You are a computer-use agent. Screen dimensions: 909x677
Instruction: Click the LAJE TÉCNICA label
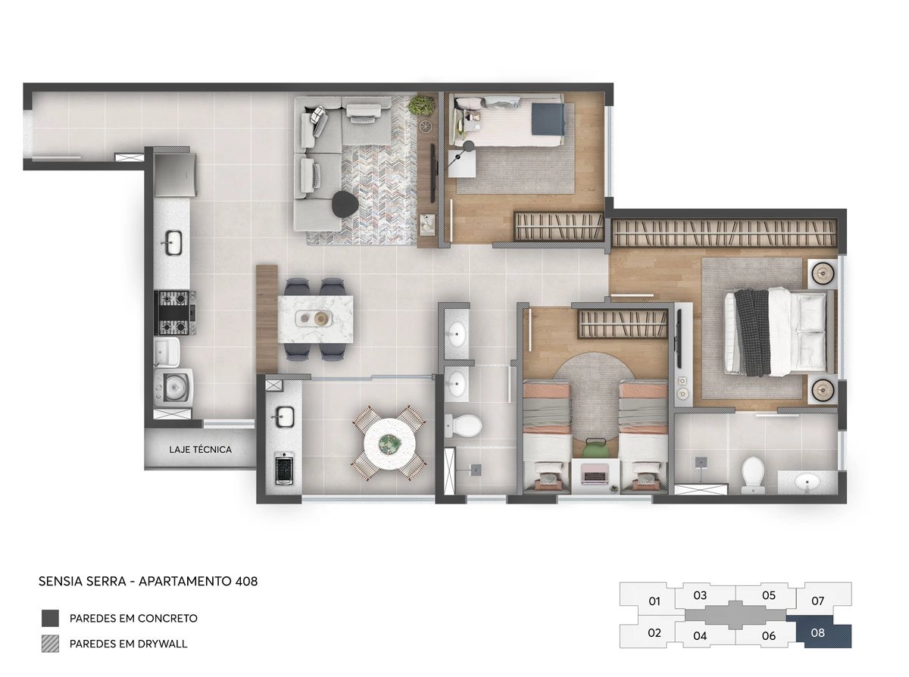coord(201,450)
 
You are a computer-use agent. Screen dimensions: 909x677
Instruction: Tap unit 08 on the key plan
coord(817,633)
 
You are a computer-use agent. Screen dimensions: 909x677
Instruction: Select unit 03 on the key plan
coord(700,595)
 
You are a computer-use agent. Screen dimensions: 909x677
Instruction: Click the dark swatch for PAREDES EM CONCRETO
coord(50,618)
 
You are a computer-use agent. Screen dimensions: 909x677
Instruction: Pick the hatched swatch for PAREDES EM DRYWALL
coord(50,644)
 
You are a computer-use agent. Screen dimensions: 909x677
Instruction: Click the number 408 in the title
coord(246,581)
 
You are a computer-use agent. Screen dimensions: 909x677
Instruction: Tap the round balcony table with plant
coord(389,443)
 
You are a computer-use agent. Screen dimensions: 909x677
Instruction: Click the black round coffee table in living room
coord(345,204)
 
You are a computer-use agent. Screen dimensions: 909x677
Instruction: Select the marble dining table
coord(316,320)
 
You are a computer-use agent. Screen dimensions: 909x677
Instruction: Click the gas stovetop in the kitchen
coord(175,312)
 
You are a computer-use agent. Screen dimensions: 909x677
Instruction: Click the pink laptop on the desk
coord(595,476)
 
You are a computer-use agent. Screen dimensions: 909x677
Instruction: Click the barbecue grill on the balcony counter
coord(284,469)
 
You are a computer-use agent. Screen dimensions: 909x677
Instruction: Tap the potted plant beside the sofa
coord(422,105)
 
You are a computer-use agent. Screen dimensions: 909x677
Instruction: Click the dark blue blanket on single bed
coord(548,118)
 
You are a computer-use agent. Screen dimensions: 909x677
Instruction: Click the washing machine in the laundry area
coord(173,387)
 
